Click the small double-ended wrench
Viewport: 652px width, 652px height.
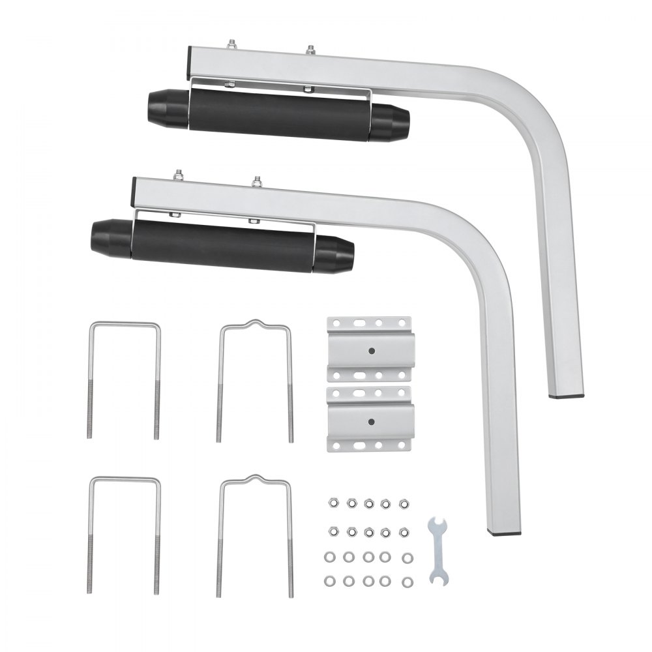pyautogui.click(x=438, y=548)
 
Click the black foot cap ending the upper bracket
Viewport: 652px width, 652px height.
pyautogui.click(x=567, y=396)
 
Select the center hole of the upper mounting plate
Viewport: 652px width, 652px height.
pyautogui.click(x=371, y=350)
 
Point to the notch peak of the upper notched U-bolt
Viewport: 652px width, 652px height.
pyautogui.click(x=254, y=322)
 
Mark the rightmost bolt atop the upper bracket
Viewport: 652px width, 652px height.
pyautogui.click(x=311, y=50)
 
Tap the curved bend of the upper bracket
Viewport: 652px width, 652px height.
pyautogui.click(x=531, y=104)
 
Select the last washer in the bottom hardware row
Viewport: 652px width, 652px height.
pyautogui.click(x=407, y=581)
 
